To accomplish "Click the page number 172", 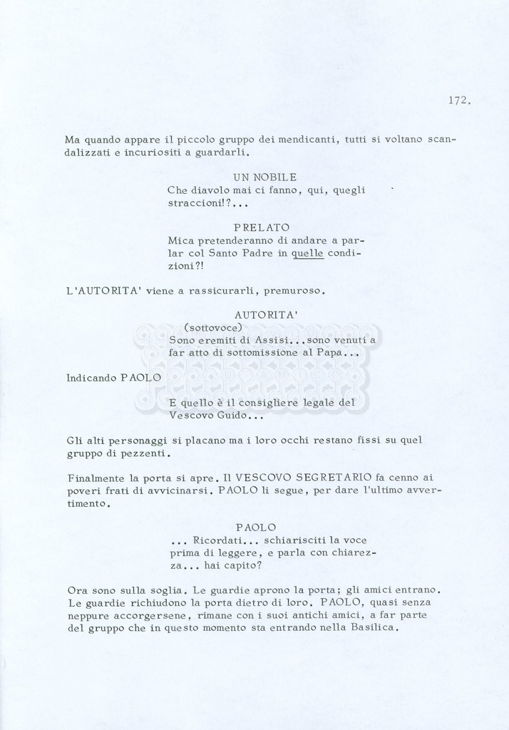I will pyautogui.click(x=459, y=101).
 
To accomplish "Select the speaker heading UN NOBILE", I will pyautogui.click(x=264, y=177).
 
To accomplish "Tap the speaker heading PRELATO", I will pyautogui.click(x=262, y=227).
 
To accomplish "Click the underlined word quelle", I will pyautogui.click(x=308, y=252).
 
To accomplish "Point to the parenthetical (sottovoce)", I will pyautogui.click(x=213, y=327).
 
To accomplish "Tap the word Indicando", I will pyautogui.click(x=91, y=377).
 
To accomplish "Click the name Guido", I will pyautogui.click(x=232, y=415).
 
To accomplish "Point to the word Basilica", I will pyautogui.click(x=374, y=627).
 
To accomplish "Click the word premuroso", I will pyautogui.click(x=294, y=290).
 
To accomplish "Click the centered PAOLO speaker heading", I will pyautogui.click(x=255, y=527).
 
